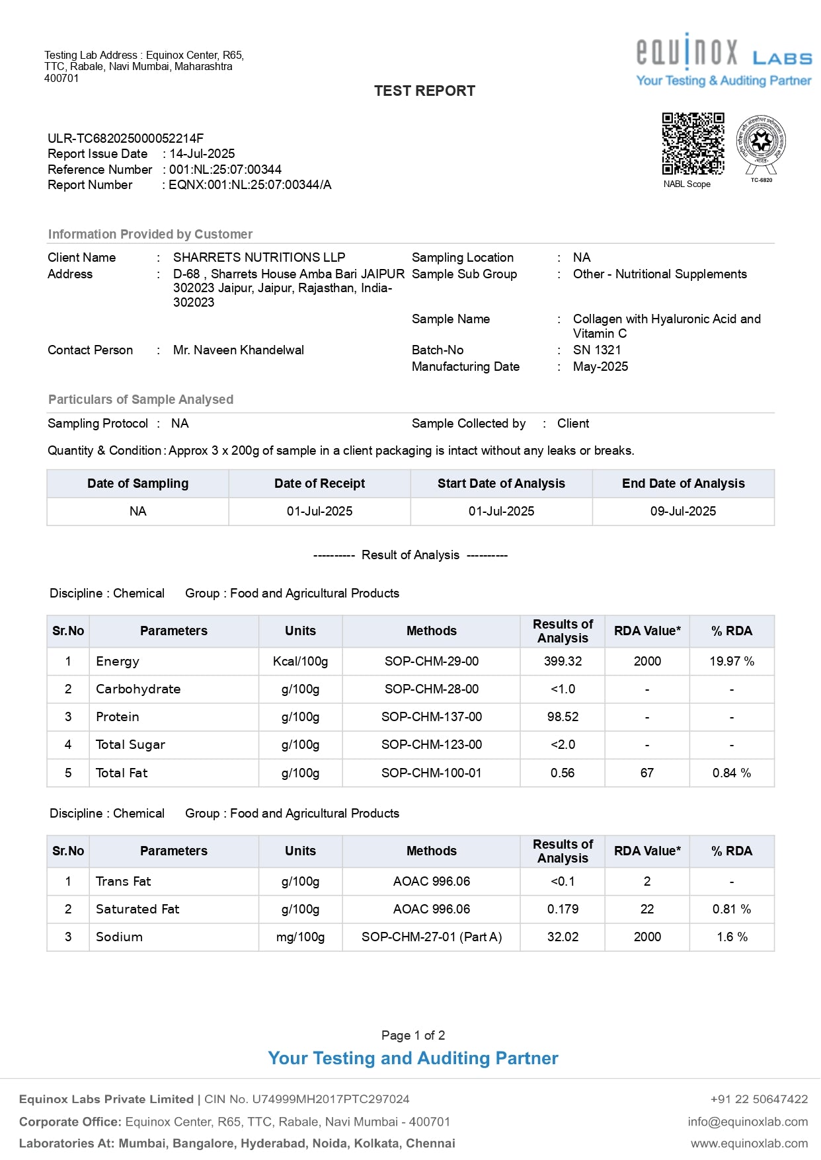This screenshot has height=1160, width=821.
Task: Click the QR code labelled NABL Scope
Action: [693, 143]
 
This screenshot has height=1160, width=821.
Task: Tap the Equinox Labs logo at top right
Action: [724, 59]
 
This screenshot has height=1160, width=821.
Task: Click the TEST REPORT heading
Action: [424, 91]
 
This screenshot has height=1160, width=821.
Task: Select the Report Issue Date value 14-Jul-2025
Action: [202, 154]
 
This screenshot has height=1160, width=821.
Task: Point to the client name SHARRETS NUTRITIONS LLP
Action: [259, 258]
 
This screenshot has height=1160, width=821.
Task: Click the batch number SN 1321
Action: [597, 350]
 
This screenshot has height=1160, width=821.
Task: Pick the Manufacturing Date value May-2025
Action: [600, 367]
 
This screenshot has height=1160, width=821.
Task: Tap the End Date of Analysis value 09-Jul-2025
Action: [683, 512]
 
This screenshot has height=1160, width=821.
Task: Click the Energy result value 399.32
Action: [563, 662]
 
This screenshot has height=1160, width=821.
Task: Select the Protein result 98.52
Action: [563, 717]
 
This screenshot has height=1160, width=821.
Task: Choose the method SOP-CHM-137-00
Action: [432, 717]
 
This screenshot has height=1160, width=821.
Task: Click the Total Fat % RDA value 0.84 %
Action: [732, 773]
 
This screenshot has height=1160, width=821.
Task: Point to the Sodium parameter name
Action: [119, 937]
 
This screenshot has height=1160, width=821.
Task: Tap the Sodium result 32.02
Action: [563, 937]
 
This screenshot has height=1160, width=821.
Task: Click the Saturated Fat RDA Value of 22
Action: [647, 909]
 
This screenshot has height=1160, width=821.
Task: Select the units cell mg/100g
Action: [301, 937]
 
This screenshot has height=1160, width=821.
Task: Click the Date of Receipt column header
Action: [319, 484]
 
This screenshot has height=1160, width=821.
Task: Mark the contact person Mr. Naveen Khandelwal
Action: [239, 350]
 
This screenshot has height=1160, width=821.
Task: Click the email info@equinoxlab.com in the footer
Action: [748, 1122]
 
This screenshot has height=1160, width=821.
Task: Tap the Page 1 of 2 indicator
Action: [413, 1036]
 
